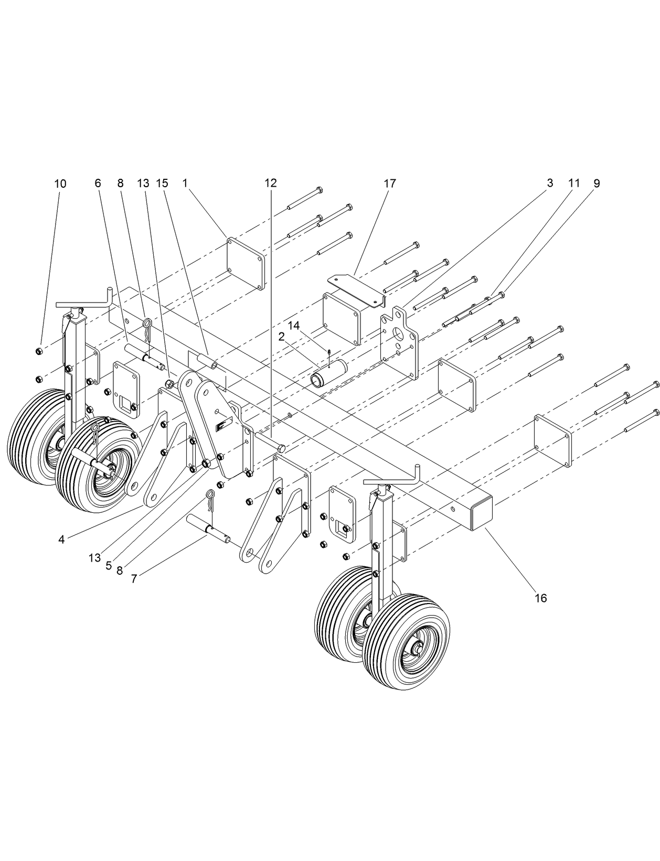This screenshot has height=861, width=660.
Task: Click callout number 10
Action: [x=60, y=184]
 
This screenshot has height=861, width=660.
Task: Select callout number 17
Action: [x=389, y=184]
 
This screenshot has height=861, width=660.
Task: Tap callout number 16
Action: [x=540, y=598]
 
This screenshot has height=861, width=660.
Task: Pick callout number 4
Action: [x=61, y=540]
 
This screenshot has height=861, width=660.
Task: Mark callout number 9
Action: [x=597, y=184]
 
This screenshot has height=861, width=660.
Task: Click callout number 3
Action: [x=549, y=184]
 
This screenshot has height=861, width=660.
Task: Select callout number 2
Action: [x=281, y=336]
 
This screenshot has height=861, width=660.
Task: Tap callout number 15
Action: [x=162, y=184]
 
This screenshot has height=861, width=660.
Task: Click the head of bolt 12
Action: [x=282, y=448]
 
